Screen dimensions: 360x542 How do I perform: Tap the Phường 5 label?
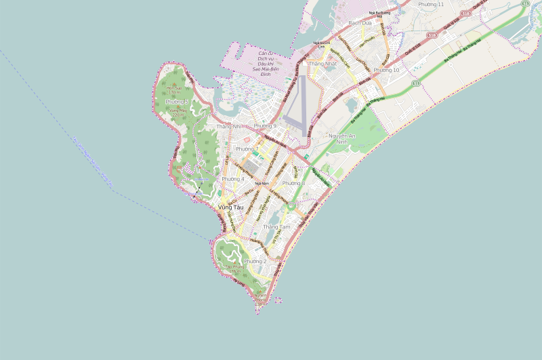[x=176, y=102]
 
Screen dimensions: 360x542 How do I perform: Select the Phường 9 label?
[x=265, y=126]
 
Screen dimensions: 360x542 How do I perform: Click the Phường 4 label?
[x=233, y=179]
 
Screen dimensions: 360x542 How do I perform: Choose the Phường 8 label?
[x=293, y=184]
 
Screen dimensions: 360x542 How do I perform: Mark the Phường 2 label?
[x=255, y=261]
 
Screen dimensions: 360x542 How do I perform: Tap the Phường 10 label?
[x=386, y=70]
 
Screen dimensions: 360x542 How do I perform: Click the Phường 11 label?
[x=431, y=5]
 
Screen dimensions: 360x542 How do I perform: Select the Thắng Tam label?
[x=276, y=226]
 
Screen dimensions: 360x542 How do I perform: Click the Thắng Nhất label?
[x=322, y=64]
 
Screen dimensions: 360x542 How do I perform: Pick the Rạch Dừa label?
[x=360, y=22]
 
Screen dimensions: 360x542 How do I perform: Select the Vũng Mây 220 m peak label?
[x=178, y=113]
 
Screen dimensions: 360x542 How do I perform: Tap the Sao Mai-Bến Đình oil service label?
[x=266, y=61]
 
